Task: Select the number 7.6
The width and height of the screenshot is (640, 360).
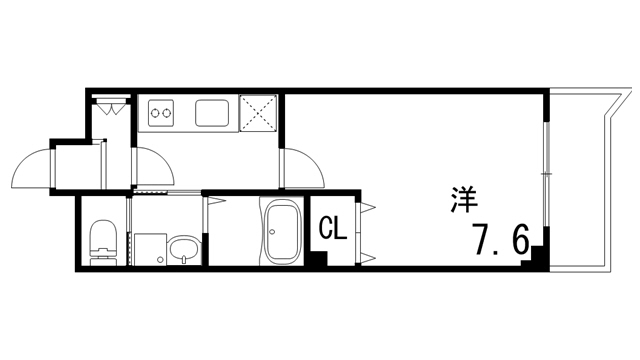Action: [500, 240]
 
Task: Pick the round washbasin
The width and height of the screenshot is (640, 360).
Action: [181, 249]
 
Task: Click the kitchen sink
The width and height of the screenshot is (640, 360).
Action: [212, 113]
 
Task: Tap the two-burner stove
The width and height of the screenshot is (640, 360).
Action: [161, 113]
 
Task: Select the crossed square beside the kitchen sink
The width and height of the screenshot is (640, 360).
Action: [259, 113]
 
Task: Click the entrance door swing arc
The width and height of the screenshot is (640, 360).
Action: [30, 168]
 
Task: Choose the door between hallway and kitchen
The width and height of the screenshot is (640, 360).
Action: [150, 166]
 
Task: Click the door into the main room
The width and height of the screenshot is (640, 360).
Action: [300, 168]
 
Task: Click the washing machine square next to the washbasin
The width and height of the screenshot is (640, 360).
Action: [147, 249]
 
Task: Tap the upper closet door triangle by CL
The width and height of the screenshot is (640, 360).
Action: [366, 208]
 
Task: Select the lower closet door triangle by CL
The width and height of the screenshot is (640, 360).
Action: [366, 256]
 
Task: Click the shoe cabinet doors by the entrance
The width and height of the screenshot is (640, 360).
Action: [109, 103]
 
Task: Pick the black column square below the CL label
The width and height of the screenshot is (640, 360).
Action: [317, 258]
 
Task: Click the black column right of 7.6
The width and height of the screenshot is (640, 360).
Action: [539, 255]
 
